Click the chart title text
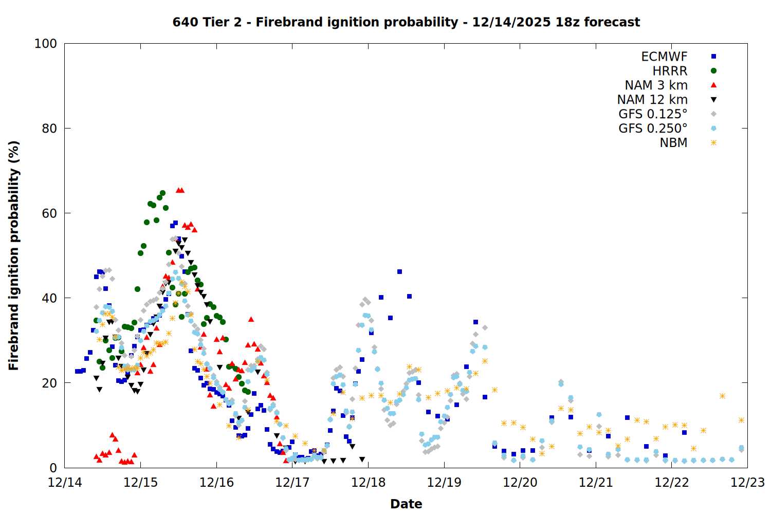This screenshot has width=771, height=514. point(406,22)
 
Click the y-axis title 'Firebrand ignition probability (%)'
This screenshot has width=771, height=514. point(13,255)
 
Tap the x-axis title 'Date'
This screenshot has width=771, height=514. point(406,504)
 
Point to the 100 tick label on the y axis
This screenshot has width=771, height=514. point(46,44)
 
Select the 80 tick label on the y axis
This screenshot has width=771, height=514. point(49,128)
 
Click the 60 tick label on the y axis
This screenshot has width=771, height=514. point(49,213)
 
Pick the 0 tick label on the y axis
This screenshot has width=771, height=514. point(53,468)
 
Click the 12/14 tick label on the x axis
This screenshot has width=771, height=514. point(65,483)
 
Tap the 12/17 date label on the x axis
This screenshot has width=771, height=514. point(292,483)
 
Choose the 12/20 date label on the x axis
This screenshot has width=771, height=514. point(520,483)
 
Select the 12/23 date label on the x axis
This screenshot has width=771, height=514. point(747,483)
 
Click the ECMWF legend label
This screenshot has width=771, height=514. point(664,57)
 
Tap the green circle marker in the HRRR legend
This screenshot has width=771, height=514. point(713,71)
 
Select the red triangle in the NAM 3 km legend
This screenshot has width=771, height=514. point(713,85)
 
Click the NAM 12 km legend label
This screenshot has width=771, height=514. point(652,100)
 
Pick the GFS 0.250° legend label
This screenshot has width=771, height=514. point(653,128)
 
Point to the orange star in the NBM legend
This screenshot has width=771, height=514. point(713,143)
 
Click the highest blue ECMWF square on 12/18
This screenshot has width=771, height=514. point(399,271)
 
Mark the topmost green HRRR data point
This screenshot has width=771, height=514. point(162,193)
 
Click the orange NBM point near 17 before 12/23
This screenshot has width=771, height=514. point(722,396)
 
